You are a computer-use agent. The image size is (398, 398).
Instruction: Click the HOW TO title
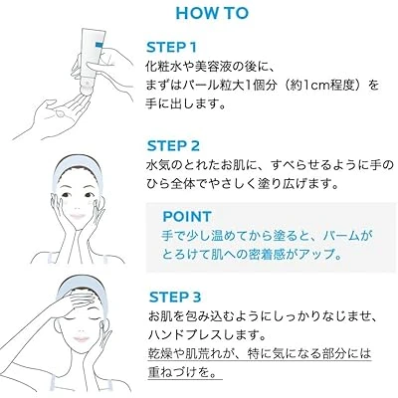coord(212,13)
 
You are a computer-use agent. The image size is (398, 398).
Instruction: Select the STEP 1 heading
coord(171,48)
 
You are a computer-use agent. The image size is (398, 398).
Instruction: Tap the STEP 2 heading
coord(173,146)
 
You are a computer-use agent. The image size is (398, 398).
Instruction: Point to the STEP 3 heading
coord(175,298)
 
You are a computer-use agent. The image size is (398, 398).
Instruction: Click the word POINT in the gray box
coord(187,217)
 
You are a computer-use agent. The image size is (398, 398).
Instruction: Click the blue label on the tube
coord(99,45)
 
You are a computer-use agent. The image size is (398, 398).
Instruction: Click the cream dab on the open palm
coord(60,113)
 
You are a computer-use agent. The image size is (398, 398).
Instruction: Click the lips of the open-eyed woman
coord(78,216)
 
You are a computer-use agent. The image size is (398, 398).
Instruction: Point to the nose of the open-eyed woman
coord(77,206)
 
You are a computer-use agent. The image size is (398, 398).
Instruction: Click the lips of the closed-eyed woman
coord(80,339)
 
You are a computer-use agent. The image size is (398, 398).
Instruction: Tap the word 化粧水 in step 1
coord(162,67)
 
